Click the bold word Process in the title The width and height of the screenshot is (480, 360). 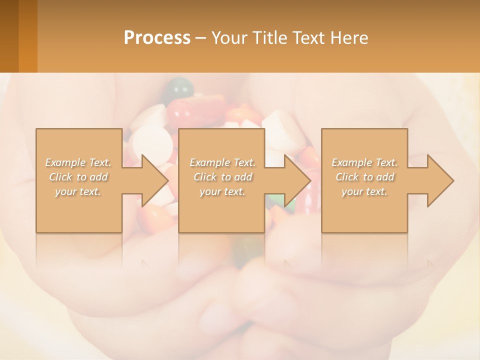pos(157,37)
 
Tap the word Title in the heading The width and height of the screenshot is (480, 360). pos(267,37)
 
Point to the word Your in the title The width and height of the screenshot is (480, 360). pos(229,37)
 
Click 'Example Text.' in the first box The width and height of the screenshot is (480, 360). pos(78,162)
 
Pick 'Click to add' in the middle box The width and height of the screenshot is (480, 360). pos(222,177)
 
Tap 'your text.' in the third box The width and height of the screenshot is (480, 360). pos(364,191)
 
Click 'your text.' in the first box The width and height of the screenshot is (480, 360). pos(78,191)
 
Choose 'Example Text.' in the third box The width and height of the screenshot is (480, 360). pos(364,162)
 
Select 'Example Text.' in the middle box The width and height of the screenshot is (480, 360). pos(222,162)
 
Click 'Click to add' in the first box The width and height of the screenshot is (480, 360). pos(78,177)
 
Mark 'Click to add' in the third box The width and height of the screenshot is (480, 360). pos(364,177)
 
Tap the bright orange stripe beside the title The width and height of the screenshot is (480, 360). pos(28,36)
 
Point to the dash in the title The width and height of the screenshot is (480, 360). pos(200,38)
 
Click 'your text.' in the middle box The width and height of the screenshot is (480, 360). pos(222,191)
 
